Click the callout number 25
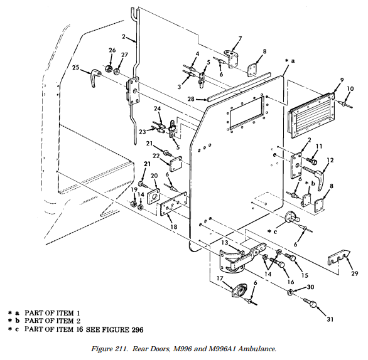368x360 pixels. (75, 68)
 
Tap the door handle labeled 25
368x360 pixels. (94, 77)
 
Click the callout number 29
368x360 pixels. (355, 273)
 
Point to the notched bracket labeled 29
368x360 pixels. (338, 258)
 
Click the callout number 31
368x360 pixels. (330, 319)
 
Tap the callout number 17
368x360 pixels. (220, 278)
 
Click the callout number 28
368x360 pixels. (191, 99)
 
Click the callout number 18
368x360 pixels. (174, 226)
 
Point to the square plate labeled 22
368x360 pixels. (176, 164)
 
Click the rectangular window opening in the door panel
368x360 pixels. (246, 112)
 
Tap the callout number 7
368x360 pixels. (240, 38)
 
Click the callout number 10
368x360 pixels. (350, 89)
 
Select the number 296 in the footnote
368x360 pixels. (136, 330)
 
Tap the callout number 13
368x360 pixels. (225, 243)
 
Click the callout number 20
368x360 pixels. (154, 176)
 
